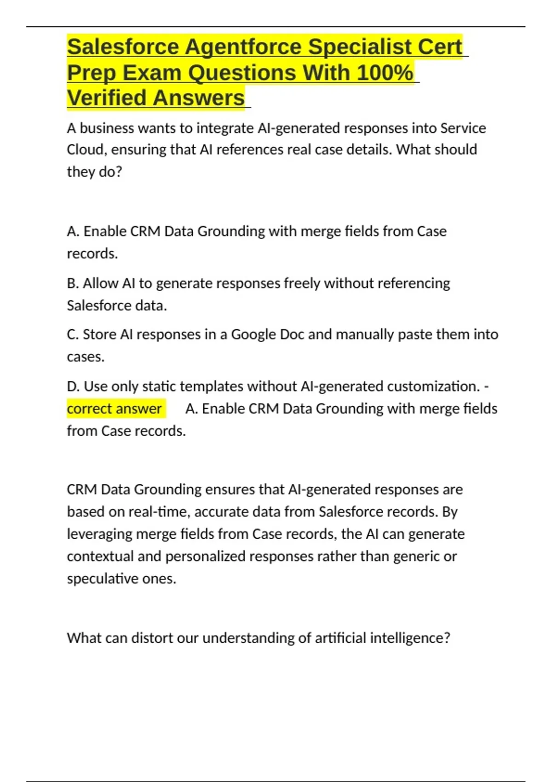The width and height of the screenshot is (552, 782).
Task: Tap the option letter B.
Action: pos(72,283)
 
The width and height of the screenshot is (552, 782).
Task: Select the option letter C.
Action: pos(72,334)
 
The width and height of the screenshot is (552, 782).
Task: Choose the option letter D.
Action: pos(73,386)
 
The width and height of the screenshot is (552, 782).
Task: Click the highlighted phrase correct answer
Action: pos(114,408)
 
